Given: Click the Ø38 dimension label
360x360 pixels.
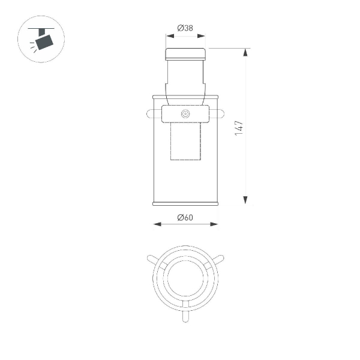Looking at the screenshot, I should click(x=185, y=28).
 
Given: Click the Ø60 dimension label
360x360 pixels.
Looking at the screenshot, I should click(x=185, y=217).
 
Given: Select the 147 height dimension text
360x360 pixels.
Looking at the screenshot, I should click(x=239, y=127).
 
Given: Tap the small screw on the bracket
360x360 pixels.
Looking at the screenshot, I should click(x=185, y=113).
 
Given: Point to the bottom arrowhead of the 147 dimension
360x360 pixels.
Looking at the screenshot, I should click(x=245, y=200).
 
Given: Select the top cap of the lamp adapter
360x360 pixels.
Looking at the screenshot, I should click(x=185, y=54).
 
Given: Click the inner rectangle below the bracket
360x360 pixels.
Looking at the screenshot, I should click(x=185, y=142).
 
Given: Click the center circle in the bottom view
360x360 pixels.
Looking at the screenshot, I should click(x=185, y=277).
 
